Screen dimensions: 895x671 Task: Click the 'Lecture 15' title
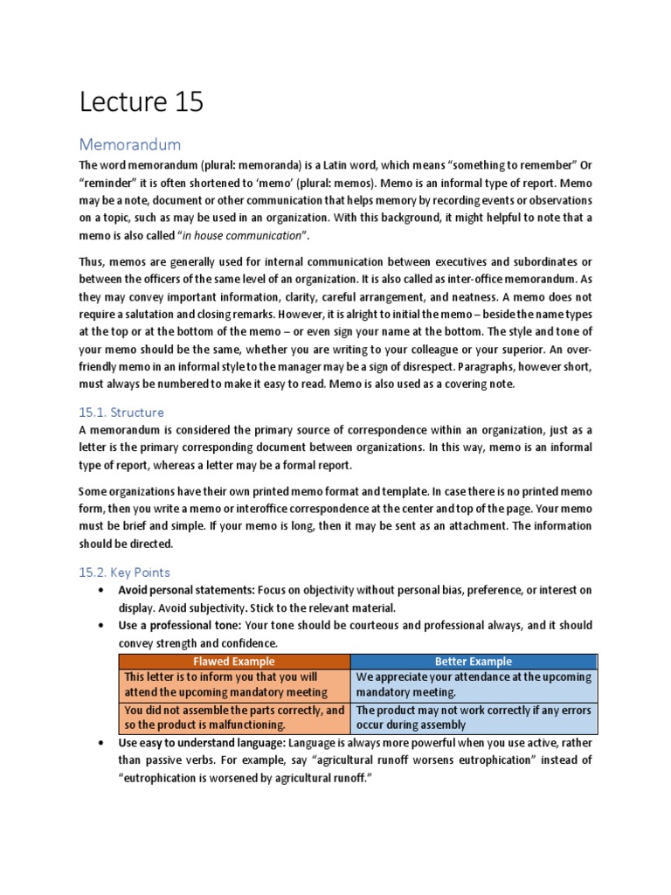click(x=141, y=102)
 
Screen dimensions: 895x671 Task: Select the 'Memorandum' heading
click(x=129, y=143)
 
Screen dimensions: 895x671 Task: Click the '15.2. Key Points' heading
click(x=124, y=572)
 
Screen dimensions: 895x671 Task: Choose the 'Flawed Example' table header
click(x=233, y=661)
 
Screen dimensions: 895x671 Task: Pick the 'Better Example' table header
click(x=474, y=661)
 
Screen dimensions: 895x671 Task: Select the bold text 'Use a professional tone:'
click(x=180, y=626)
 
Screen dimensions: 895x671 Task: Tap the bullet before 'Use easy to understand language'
click(x=101, y=744)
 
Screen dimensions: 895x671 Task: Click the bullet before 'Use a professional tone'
click(x=101, y=626)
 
